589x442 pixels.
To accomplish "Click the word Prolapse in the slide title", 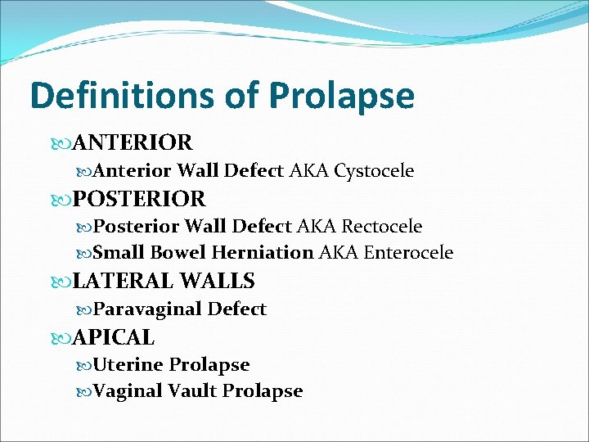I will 342,96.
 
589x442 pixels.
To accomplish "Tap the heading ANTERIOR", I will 133,143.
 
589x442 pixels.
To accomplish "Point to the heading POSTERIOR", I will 139,199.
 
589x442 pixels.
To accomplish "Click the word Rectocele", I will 382,226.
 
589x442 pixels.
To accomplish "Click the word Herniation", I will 262,253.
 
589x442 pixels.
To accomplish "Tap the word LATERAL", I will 123,282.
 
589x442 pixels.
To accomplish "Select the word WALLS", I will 218,282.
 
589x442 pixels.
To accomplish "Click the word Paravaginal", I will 147,309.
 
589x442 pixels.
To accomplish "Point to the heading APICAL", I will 114,337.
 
